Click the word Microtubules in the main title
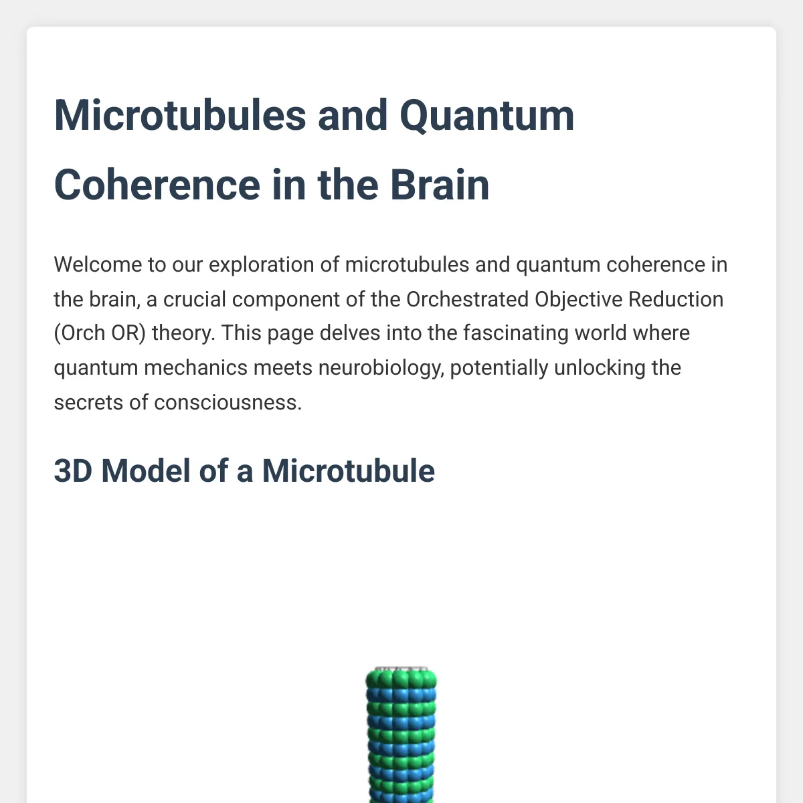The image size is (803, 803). coord(180,115)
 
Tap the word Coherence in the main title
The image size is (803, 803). coord(157,185)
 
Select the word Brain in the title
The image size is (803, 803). coord(440,185)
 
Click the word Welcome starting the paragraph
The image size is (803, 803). coord(98,264)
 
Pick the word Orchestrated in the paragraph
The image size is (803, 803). coord(467,299)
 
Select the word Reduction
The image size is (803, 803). coord(675,299)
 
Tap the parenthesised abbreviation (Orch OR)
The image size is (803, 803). coord(100,333)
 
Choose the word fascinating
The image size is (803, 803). coord(515,334)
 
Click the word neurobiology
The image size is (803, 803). coord(381,368)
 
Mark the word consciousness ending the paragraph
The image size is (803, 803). coord(228,403)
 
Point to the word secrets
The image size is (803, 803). coord(88,403)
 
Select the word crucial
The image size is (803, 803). coord(195,299)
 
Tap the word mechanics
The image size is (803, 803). coord(196,367)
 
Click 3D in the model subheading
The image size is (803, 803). coord(73,471)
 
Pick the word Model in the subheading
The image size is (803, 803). coord(146,471)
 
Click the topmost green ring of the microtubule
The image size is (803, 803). coord(401,680)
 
